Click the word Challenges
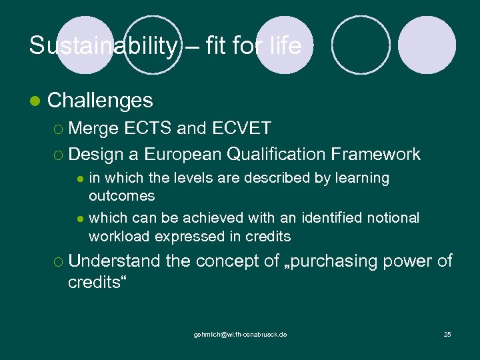tap(101, 101)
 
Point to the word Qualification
tap(275, 155)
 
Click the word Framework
tap(375, 155)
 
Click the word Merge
tap(93, 127)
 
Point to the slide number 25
tap(447, 334)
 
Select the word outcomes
tap(122, 196)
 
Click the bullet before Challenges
tap(35, 101)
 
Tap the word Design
tap(96, 155)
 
